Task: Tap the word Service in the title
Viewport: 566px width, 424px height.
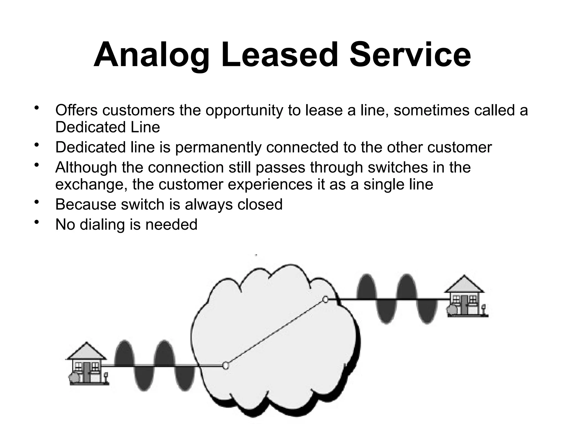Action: pyautogui.click(x=410, y=55)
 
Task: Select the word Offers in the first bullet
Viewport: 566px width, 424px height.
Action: pyautogui.click(x=77, y=110)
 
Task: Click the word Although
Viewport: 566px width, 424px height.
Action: pyautogui.click(x=86, y=168)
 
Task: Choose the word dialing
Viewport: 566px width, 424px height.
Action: pyautogui.click(x=102, y=225)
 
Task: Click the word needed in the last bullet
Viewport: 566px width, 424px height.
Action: pyautogui.click(x=171, y=224)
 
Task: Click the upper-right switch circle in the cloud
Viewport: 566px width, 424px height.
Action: pyautogui.click(x=326, y=299)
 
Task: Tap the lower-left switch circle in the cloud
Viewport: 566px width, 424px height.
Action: pyautogui.click(x=226, y=365)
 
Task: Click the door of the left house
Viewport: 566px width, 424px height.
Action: pyautogui.click(x=87, y=372)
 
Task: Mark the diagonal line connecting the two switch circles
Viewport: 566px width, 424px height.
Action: pyautogui.click(x=276, y=332)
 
